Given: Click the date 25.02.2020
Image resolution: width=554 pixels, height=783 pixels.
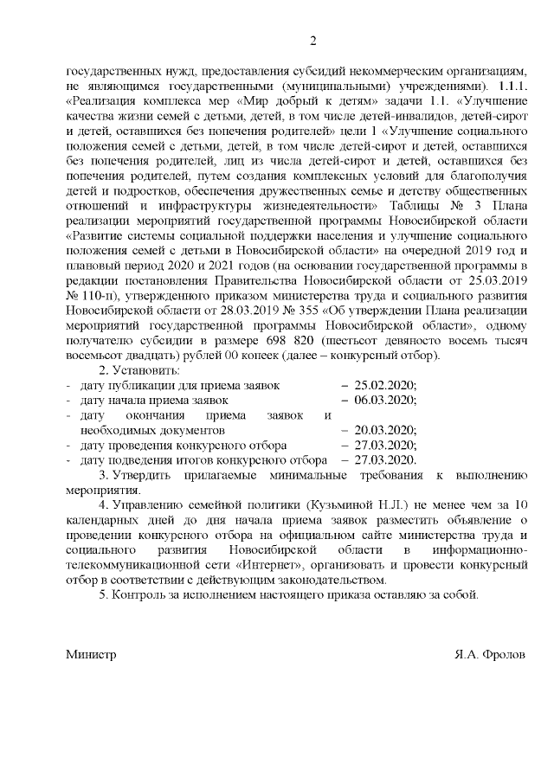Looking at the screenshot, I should pos(385,385).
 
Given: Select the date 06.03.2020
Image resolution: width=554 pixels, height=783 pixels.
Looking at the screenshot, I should pos(385,400).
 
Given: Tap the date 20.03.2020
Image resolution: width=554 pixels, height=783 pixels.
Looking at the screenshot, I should pos(385,430).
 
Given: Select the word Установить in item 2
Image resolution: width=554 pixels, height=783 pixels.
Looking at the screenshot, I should pos(138,369).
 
